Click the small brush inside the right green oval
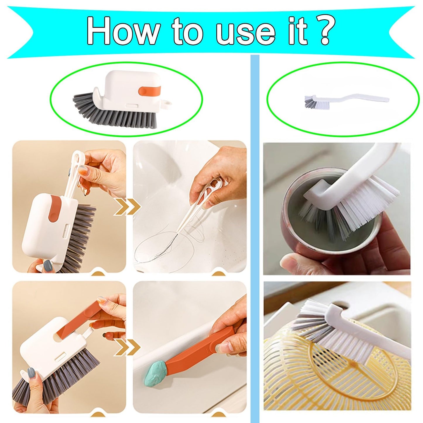tap(345, 100)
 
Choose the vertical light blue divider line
tap(255, 234)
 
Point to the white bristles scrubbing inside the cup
tap(366, 202)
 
